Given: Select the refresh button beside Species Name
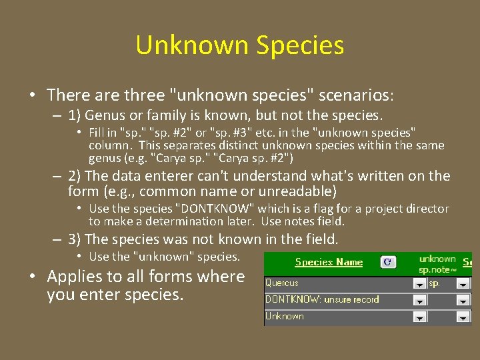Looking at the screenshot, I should click(387, 262).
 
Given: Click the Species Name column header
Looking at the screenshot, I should click(329, 262).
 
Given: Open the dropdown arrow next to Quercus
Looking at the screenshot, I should click(419, 284).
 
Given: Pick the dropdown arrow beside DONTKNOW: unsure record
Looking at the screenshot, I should click(419, 301).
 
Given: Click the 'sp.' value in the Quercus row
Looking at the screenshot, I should click(435, 283).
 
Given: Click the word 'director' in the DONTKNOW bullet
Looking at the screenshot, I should click(427, 209).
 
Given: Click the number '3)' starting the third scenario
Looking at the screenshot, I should click(75, 239).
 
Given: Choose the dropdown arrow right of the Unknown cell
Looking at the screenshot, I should click(463, 317).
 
